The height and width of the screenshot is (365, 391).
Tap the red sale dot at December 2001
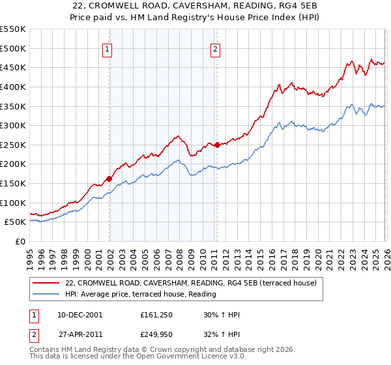tap(109, 179)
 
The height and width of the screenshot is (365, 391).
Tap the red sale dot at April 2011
tap(218, 145)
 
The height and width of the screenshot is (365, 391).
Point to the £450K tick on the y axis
tap(14, 67)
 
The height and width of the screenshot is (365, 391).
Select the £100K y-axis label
tap(14, 203)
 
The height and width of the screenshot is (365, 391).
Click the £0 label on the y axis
tap(21, 241)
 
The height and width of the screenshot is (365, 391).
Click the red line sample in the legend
tap(46, 283)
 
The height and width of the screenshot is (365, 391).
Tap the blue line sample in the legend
tap(46, 295)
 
